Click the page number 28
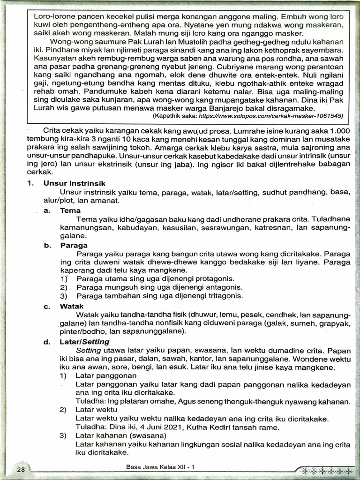click(21, 469)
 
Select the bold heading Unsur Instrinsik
click(75, 183)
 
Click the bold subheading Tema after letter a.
click(70, 210)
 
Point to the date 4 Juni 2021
click(157, 427)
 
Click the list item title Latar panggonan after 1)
click(106, 375)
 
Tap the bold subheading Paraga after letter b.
click(74, 245)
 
